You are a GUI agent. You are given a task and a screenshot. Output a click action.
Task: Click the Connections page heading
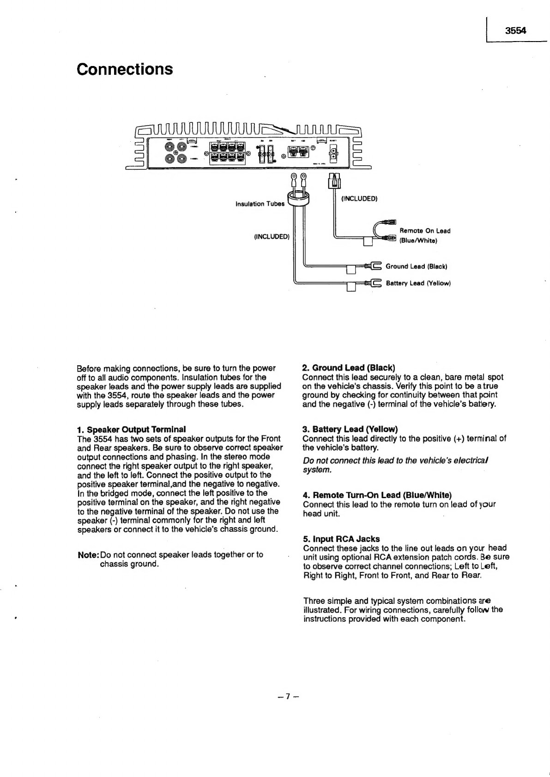tap(125, 69)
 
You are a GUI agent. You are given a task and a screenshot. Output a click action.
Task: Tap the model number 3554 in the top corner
tap(515, 31)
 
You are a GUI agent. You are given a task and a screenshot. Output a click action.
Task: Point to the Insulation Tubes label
tap(260, 204)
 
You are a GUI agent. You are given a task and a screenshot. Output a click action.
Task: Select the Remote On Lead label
tap(425, 231)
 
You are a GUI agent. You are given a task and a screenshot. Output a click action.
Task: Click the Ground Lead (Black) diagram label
tap(416, 266)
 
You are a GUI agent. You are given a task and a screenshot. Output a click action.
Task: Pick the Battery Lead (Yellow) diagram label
tap(418, 283)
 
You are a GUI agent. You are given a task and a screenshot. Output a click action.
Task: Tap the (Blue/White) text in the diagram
tap(418, 241)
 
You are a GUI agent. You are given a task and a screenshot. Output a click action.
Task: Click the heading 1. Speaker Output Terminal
tap(131, 429)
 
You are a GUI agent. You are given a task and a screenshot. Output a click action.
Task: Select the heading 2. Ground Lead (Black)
tap(349, 368)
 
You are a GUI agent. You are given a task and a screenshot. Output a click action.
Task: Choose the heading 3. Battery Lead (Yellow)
tap(350, 429)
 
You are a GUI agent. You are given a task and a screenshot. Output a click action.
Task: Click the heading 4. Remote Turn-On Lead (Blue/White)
tap(377, 495)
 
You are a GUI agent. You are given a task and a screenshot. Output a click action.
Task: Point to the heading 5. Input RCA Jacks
tap(341, 539)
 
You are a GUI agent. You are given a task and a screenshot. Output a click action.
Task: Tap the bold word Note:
tap(88, 554)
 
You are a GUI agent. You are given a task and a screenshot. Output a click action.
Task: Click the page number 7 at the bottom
tap(286, 697)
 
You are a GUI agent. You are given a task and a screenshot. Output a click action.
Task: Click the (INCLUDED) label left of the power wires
tap(272, 237)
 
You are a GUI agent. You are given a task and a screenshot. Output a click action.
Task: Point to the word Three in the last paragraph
tap(314, 601)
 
